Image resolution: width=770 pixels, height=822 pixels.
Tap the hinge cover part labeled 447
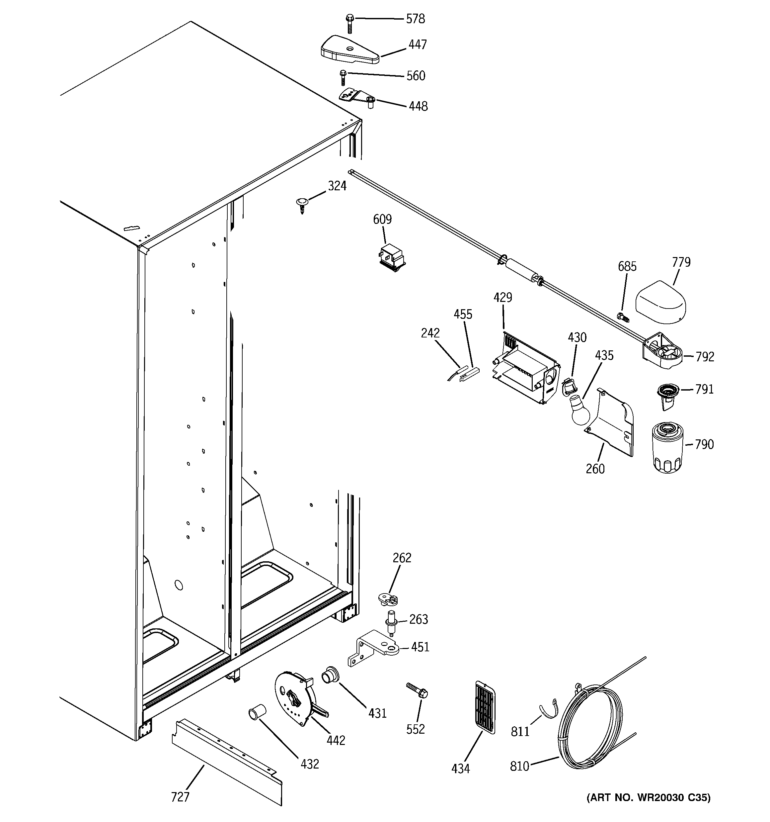tap(349, 50)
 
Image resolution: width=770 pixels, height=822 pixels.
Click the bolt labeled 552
tap(417, 691)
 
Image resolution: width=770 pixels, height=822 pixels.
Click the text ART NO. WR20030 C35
tap(648, 797)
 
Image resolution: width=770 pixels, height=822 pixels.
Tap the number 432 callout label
tap(310, 764)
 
